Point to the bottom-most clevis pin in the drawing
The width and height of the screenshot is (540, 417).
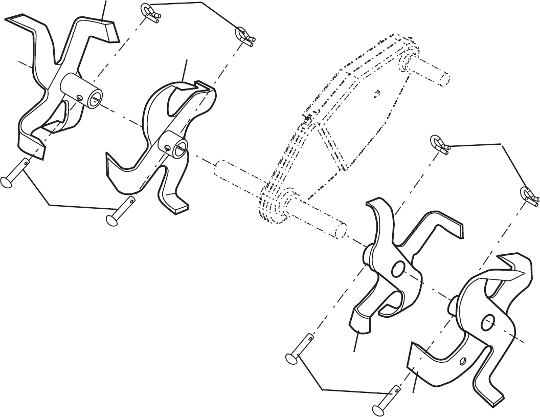tap(386, 402)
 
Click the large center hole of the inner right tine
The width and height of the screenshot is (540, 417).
tap(398, 269)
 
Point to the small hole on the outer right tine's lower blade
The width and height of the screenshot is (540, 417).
tap(463, 361)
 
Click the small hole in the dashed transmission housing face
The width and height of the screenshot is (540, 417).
tap(377, 93)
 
